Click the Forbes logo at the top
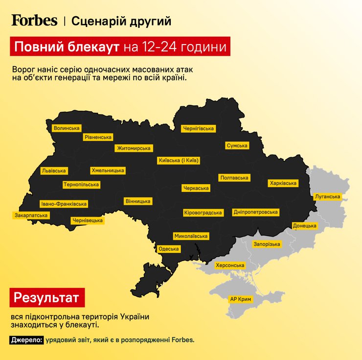pos(34,21)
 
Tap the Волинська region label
pos(67,128)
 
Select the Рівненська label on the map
pos(98,137)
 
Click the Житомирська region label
pos(134,148)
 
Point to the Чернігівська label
pos(198,128)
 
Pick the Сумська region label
pos(237,145)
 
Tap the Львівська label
pos(54,171)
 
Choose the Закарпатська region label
pos(31,215)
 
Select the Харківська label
pos(283,183)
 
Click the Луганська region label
pos(327,196)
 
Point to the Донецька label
pos(305,226)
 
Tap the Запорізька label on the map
pos(267,244)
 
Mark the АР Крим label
pos(240,298)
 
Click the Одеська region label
pos(169,249)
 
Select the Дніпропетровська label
pos(256,212)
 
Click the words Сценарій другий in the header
pos(121,21)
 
